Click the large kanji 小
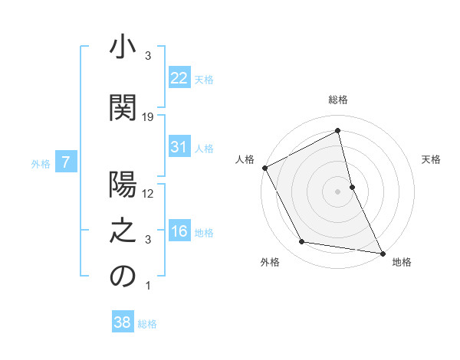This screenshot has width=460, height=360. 123,47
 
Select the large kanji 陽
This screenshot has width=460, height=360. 123,185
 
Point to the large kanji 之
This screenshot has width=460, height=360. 123,230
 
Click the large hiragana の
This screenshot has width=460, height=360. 123,277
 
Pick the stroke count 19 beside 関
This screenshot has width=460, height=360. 149,117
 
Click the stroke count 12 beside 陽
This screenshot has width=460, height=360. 149,195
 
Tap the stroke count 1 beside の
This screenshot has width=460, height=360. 148,286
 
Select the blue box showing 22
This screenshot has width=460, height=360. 179,77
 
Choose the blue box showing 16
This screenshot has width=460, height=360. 179,231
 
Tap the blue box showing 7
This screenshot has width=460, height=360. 67,162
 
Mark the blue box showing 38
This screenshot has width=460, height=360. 122,322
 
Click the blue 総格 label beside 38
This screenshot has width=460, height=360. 148,324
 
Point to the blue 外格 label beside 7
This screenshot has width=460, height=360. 41,163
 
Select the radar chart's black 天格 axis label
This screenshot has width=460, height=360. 432,159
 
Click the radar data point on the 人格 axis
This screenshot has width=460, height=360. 264,168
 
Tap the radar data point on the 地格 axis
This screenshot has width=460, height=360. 381,252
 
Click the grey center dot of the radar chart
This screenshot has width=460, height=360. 337,191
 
